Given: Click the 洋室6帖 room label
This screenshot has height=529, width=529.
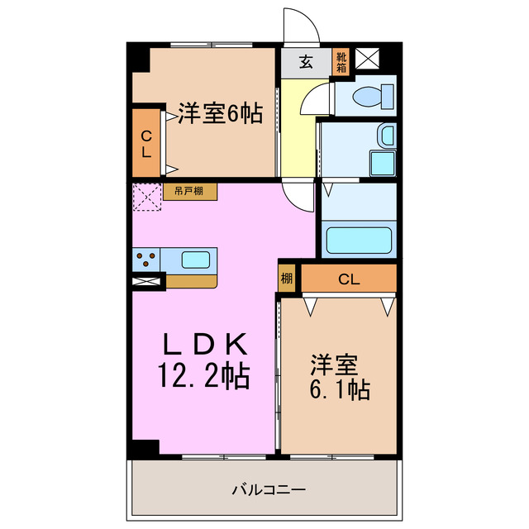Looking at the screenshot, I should [220, 114].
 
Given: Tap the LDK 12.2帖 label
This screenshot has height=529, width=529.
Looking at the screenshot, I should [203, 361].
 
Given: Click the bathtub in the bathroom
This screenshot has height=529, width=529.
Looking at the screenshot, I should [358, 241].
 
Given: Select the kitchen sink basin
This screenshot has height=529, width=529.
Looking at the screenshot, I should [196, 260].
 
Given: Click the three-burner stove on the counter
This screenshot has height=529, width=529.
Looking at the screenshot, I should [146, 260].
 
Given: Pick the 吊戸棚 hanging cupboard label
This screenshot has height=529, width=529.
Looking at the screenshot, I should [190, 192].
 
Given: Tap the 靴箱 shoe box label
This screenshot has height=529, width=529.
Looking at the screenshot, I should [341, 60].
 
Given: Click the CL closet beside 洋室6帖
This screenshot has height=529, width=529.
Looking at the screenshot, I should [146, 144].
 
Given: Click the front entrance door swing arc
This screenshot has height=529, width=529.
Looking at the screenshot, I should [300, 25].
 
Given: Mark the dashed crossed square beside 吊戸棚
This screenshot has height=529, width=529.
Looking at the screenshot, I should [146, 198].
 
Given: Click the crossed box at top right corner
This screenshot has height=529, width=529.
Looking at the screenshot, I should [367, 60].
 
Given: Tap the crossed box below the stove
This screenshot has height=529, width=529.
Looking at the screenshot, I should [147, 282].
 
